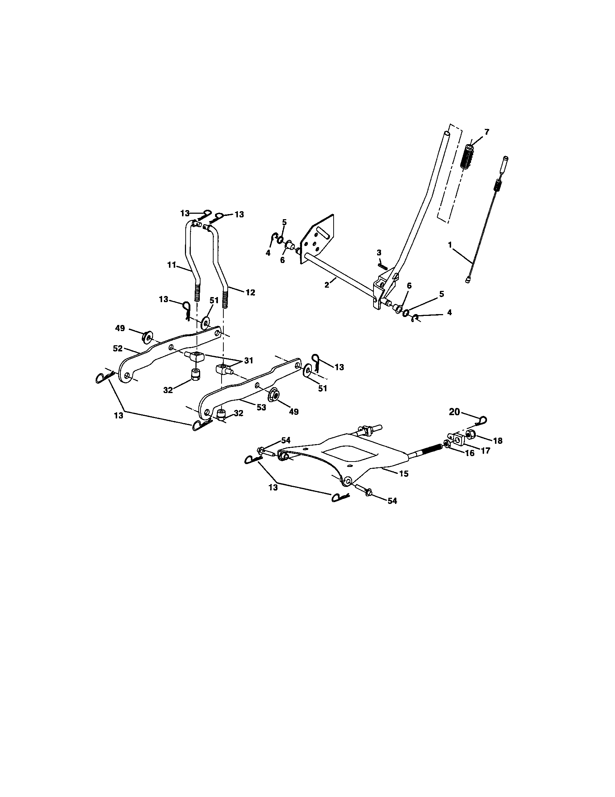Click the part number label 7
[x=487, y=132]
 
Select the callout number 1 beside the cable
[x=450, y=245]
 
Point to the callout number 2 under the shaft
[x=327, y=285]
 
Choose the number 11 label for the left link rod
[x=172, y=265]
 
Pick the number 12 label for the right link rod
[x=250, y=292]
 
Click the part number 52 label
[x=117, y=349]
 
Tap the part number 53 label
[x=261, y=407]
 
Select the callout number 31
[x=248, y=360]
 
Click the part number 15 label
[x=404, y=474]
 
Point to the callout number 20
[x=454, y=412]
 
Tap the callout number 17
[x=485, y=451]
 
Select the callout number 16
[x=469, y=453]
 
